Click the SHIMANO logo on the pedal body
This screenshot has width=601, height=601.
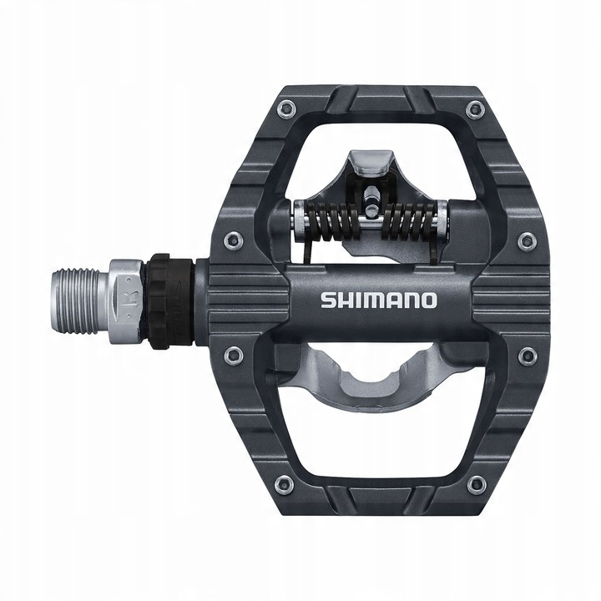coord(378,300)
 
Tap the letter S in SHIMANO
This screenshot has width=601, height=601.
coord(327,300)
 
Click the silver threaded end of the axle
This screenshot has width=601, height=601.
coord(83,300)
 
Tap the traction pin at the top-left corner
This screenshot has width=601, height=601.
coord(286,108)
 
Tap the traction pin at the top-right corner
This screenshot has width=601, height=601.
coord(476,109)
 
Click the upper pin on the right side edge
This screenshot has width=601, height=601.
coord(527,242)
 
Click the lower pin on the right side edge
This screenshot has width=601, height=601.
coord(527,356)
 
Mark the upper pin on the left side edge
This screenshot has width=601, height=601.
coord(235,241)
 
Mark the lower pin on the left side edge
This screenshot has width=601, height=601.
coord(234,356)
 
